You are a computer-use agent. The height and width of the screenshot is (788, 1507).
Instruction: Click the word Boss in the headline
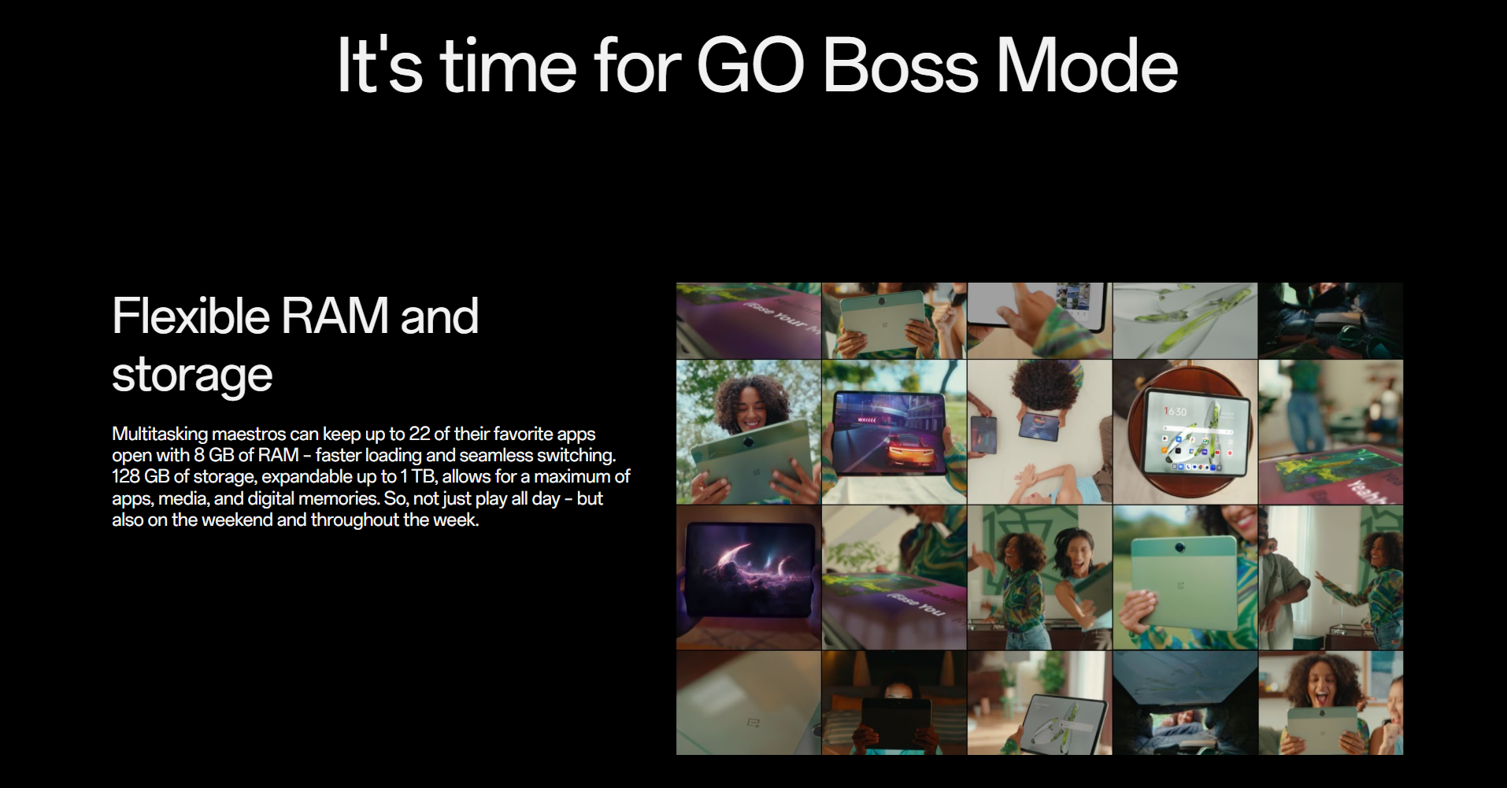900,65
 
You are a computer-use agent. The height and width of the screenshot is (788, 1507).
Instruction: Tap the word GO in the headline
750,65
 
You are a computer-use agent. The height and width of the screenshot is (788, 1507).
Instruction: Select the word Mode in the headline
1087,65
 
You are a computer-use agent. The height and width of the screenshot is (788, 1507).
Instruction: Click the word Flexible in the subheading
191,316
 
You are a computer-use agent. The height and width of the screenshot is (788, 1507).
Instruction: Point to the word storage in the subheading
192,375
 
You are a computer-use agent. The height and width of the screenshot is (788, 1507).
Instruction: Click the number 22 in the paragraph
419,434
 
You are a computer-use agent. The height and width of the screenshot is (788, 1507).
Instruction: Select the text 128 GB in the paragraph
140,476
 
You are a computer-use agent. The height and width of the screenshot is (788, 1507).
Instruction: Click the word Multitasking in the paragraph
160,435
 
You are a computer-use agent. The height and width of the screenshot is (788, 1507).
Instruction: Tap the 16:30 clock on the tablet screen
1176,412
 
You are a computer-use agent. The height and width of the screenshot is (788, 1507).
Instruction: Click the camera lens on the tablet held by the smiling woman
1179,546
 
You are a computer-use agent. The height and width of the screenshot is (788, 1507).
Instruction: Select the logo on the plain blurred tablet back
753,723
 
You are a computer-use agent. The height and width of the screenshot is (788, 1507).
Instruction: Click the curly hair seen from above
1039,385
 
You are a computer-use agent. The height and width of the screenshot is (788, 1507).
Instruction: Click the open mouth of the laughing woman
1320,697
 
